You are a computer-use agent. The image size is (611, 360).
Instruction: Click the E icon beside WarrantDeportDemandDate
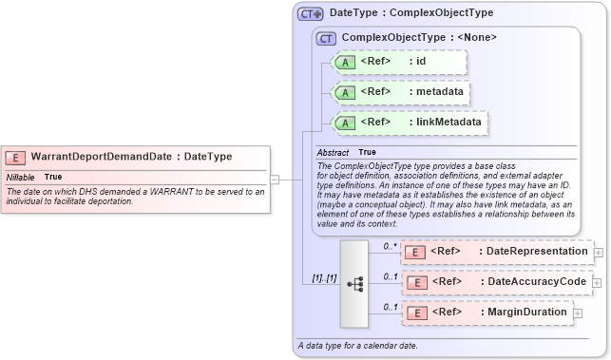click(x=15, y=156)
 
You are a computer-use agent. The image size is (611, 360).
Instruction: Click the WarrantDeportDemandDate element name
click(x=104, y=156)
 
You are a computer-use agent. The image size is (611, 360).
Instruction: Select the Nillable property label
click(x=21, y=177)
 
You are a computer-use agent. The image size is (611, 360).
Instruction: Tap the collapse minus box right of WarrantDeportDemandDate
click(x=275, y=178)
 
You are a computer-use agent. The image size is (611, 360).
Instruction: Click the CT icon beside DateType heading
click(x=311, y=14)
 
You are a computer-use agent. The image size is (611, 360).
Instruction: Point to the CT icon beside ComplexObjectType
click(x=326, y=38)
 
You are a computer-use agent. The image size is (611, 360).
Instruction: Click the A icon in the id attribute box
click(x=347, y=63)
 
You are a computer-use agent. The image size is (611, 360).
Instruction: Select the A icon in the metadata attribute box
click(x=347, y=92)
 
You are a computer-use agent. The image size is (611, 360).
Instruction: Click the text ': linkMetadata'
click(x=446, y=122)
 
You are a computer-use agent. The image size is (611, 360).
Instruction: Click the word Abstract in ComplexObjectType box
click(x=333, y=152)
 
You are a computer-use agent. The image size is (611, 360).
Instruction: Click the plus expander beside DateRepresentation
click(x=599, y=252)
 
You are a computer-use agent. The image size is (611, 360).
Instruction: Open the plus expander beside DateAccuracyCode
click(x=600, y=282)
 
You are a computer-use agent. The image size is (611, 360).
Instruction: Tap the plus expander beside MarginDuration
click(x=578, y=313)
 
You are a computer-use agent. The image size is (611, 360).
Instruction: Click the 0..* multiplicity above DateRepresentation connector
click(x=389, y=246)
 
